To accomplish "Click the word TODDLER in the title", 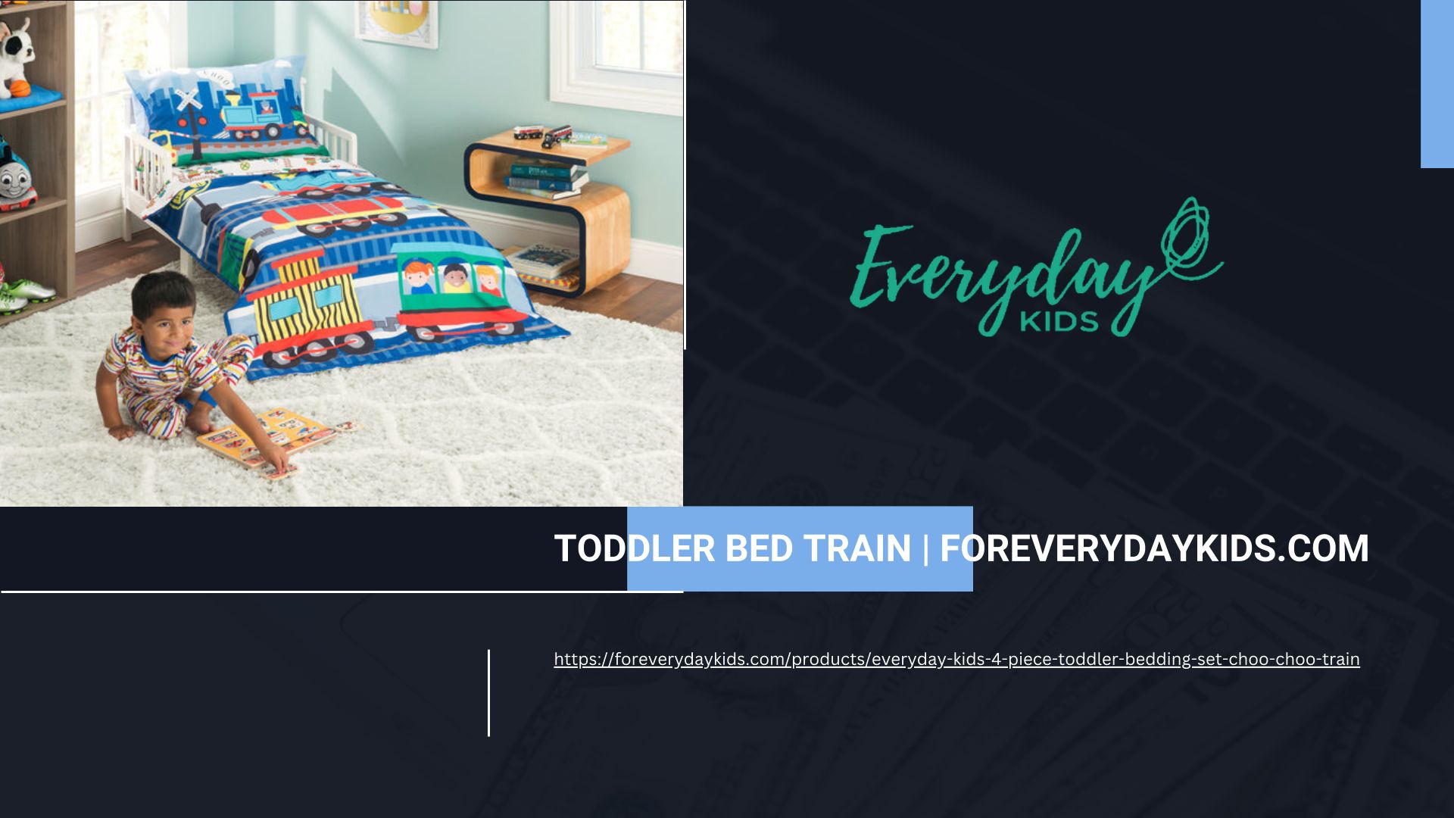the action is pyautogui.click(x=634, y=548).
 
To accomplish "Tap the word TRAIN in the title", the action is pyautogui.click(x=856, y=548).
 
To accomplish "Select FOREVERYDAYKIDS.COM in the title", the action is pyautogui.click(x=1154, y=548).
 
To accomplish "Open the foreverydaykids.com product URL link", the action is pyautogui.click(x=956, y=659).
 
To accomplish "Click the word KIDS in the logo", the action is pyautogui.click(x=1059, y=321).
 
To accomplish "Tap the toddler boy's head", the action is pyautogui.click(x=164, y=307).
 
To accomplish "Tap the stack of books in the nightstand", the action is pyautogui.click(x=547, y=179).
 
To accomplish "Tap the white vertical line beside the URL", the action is pyautogui.click(x=488, y=692).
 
